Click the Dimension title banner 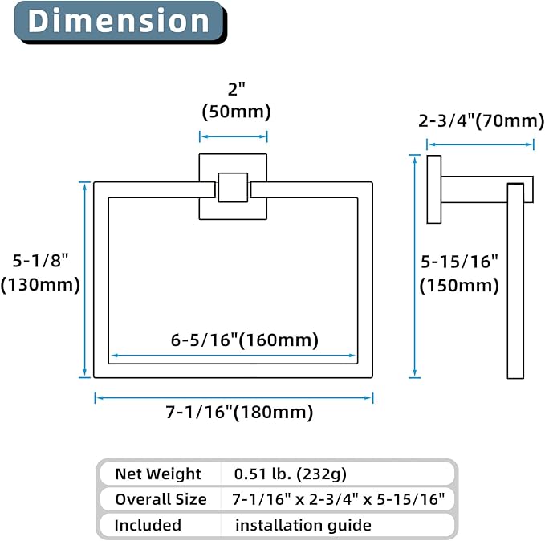click(x=120, y=22)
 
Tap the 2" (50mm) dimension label click(x=236, y=101)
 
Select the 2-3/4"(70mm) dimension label click(x=481, y=121)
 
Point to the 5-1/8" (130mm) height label click(x=40, y=273)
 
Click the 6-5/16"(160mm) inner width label click(x=244, y=340)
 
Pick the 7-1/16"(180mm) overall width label click(x=239, y=413)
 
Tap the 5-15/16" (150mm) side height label click(x=459, y=274)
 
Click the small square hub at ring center click(x=233, y=187)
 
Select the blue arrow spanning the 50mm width click(x=234, y=136)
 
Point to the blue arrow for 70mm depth click(x=480, y=144)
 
